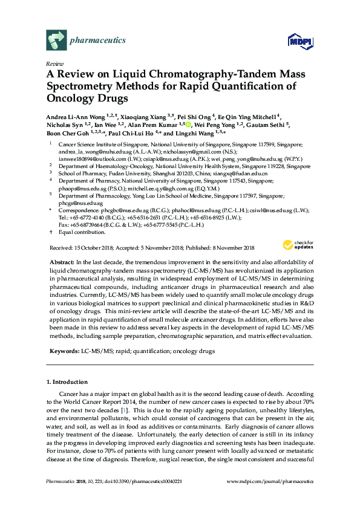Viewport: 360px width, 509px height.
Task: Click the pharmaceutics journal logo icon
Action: click(56, 40)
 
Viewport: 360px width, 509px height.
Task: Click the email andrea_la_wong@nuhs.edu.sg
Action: click(90, 152)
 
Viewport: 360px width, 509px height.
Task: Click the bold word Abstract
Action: click(61, 261)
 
